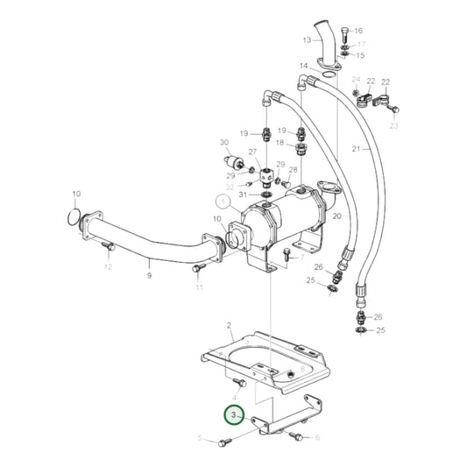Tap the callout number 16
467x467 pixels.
(357, 31)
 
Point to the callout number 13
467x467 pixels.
(308, 40)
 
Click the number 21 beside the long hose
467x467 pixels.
(356, 149)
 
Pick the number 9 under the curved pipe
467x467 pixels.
(149, 276)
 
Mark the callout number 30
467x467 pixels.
(224, 143)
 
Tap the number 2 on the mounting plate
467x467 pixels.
(230, 325)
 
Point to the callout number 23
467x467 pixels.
(393, 126)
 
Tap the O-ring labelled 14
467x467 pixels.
(327, 78)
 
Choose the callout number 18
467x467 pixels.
(280, 143)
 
